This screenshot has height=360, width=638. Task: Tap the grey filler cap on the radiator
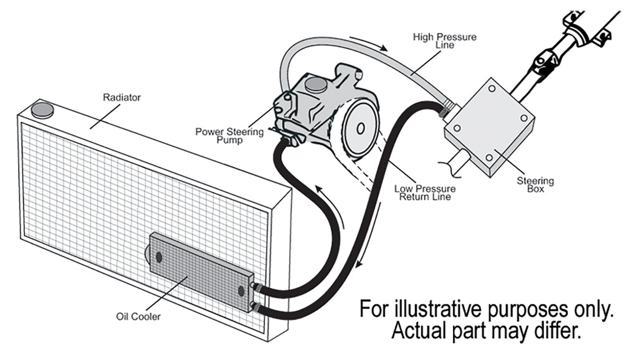pos(42,110)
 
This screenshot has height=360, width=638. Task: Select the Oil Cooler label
pos(138,316)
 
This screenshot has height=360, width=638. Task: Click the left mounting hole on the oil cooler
pos(159,256)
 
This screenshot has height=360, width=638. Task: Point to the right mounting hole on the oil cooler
pos(241,291)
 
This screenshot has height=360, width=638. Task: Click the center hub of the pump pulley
pos(360,128)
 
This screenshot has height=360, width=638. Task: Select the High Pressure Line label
pos(444,41)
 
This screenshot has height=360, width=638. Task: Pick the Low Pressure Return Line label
pos(425,192)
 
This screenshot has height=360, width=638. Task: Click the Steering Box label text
pos(535,185)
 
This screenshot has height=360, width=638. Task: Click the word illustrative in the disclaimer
pos(453,310)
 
